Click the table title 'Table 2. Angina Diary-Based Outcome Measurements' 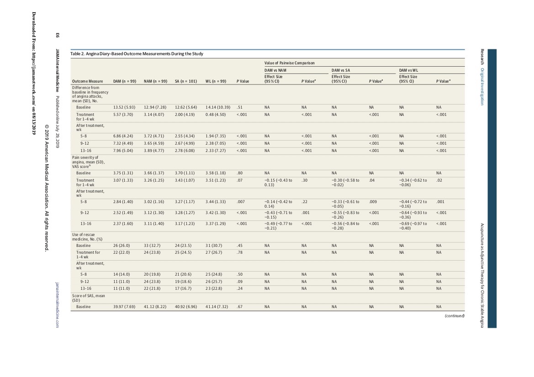click(137, 54)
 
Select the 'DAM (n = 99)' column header click(125, 81)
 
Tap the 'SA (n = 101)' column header click(186, 81)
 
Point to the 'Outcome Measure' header click(88, 81)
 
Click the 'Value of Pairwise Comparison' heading click(290, 63)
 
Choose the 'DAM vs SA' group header click(341, 70)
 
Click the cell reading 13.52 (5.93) click(124, 108)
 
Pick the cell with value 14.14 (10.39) click(218, 108)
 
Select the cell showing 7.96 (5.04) click(123, 151)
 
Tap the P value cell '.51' click(239, 108)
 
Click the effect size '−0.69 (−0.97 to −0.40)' click(413, 226)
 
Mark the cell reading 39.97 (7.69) click(124, 307)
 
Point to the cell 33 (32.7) click(152, 246)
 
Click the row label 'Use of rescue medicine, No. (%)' click(87, 237)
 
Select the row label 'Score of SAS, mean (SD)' click(89, 298)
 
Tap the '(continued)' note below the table click(455, 316)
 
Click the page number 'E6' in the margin click(58, 35)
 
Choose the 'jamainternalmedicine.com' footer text click(58, 304)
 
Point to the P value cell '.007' click(240, 202)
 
